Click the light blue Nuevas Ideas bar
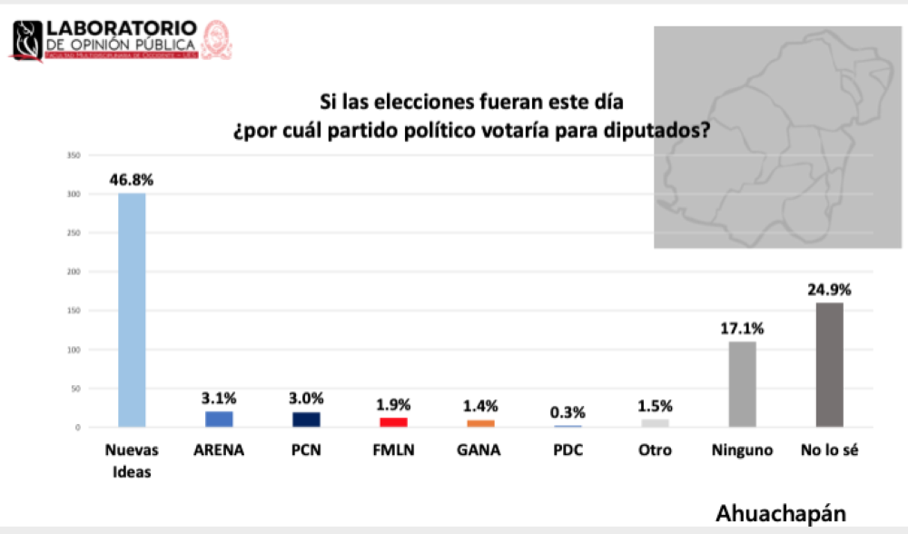coord(132,310)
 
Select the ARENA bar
coord(219,419)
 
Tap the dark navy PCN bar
coord(306,420)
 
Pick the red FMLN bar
coord(393,421)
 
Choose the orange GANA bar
coord(480,423)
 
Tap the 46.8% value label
coord(132,180)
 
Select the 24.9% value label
coord(829,290)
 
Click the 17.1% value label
coord(742,328)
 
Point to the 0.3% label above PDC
coord(567,412)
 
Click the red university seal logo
coord(216,40)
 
